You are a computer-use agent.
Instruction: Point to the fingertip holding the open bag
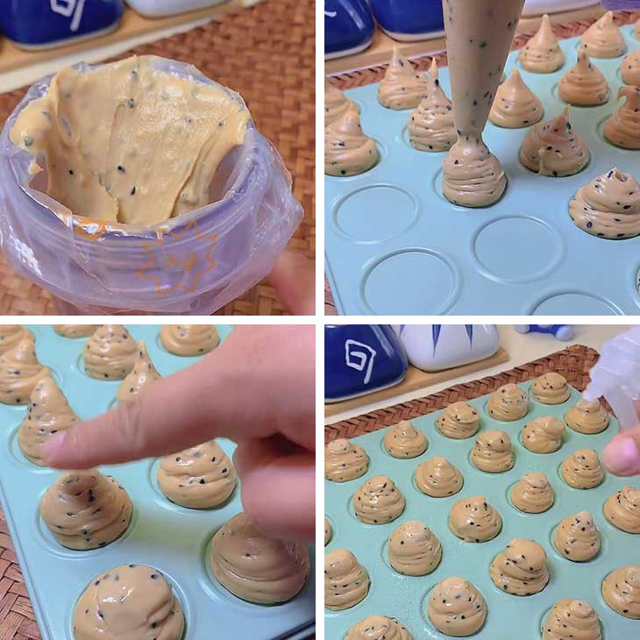pos(294,281)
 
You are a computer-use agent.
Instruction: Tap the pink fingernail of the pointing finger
pos(54,447)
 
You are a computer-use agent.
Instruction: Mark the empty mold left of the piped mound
pos(375,212)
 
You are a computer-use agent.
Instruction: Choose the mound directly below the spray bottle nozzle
pos(585,416)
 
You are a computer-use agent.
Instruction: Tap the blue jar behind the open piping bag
pos(61,22)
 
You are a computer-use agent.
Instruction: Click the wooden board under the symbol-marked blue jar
pos(368,408)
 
